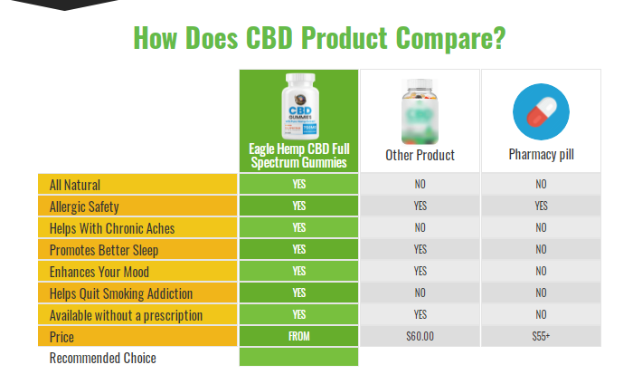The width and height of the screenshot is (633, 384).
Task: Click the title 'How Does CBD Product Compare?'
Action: pos(318,38)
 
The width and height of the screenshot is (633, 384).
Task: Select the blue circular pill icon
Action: pos(541,111)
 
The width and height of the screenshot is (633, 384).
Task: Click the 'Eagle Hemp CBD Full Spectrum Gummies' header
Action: pos(298,156)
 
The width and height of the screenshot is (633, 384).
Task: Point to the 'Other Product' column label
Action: pos(420,155)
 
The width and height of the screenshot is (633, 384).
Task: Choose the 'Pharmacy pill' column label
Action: pos(541,155)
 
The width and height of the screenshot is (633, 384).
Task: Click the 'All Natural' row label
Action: pos(75,185)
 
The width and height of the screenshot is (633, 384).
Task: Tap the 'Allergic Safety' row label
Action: pos(84,206)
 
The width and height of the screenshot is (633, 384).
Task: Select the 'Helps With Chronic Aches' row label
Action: pos(112,228)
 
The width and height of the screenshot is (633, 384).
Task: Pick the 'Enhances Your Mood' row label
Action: pos(99,272)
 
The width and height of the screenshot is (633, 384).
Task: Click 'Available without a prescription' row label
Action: pos(126,315)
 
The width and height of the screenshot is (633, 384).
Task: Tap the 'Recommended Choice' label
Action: pos(102,359)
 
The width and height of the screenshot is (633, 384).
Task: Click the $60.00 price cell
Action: pos(420,337)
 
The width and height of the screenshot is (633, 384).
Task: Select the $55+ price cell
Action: pos(541,337)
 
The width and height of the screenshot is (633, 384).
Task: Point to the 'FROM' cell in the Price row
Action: pos(298,337)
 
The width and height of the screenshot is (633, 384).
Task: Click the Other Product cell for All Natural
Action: pos(420,185)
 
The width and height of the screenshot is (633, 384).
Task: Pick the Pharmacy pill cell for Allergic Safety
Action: pos(541,206)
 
